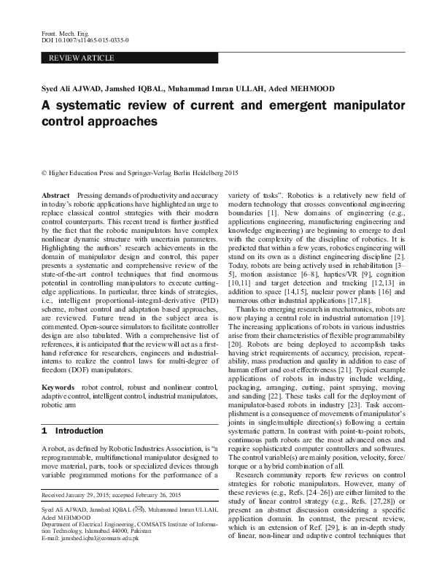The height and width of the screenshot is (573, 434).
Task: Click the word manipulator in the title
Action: (360, 105)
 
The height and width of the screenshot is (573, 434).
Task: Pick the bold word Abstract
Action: (55, 197)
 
